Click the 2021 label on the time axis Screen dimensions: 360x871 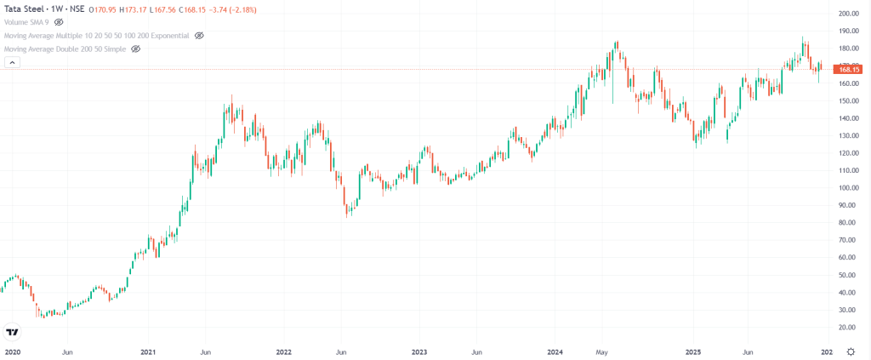tap(148, 351)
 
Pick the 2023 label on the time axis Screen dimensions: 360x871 tap(419, 351)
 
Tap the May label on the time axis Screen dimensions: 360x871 tap(603, 351)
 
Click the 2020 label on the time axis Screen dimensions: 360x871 tap(12, 351)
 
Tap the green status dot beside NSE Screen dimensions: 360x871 tap(90, 9)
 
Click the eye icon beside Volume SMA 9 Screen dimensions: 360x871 tap(59, 22)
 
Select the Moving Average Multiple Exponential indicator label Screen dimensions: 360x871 tap(96, 36)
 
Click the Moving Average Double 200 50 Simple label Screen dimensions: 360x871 tap(65, 49)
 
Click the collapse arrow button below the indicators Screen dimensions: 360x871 tap(12, 62)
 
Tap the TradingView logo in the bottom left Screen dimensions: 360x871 tap(12, 332)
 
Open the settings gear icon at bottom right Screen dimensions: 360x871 tap(851, 351)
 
